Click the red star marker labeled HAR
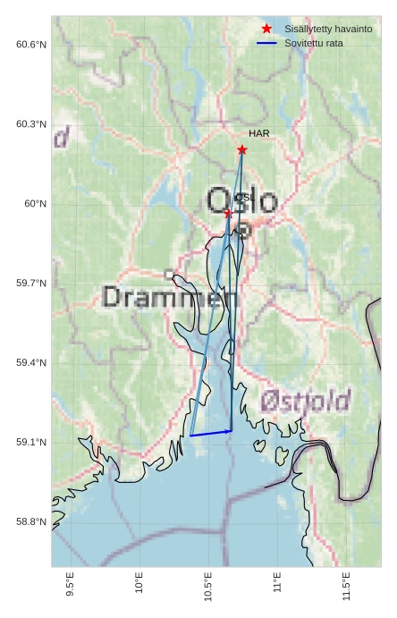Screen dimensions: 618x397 241,149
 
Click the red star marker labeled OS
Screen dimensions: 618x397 228,213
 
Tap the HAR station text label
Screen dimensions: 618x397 259,133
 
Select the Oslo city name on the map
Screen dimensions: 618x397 242,200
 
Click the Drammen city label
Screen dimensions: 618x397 164,297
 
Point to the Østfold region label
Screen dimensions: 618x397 306,402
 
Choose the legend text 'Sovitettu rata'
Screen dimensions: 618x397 313,43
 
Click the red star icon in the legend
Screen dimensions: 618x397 266,30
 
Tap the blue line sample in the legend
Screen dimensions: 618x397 266,43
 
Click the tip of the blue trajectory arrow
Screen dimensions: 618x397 232,430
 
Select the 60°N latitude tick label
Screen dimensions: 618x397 35,204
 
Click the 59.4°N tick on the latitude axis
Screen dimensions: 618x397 31,363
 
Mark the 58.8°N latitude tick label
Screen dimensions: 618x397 31,522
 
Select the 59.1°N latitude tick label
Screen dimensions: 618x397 31,443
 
